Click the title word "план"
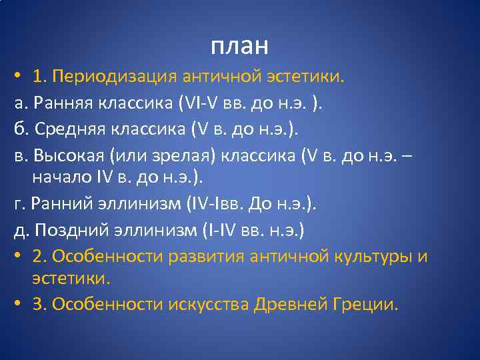(x=240, y=46)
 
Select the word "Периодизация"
(x=118, y=77)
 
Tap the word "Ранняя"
(x=65, y=103)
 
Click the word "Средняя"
(x=71, y=129)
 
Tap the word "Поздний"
(x=69, y=230)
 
